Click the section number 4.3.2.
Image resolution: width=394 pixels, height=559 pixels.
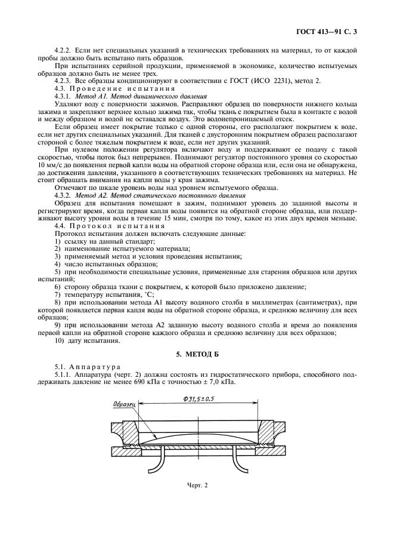(x=64, y=195)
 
